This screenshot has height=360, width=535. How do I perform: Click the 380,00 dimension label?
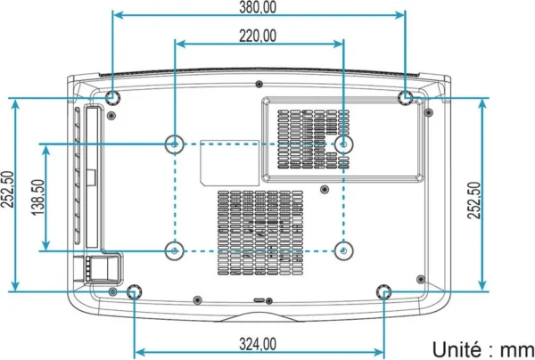coord(258,7)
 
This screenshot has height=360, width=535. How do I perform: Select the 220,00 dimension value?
coord(258,36)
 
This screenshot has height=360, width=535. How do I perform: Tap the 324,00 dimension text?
coord(258,344)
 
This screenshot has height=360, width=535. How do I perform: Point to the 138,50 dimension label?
coord(38,198)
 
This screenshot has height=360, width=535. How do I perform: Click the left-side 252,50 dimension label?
coord(7,189)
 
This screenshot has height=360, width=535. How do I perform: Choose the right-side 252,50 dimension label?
coord(474,200)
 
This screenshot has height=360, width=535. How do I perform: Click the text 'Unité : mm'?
coord(483,349)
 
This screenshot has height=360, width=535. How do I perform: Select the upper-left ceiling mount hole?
coord(175,144)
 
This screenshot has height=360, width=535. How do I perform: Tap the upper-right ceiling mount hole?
coord(343,144)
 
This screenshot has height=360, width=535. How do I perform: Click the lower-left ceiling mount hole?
coord(175,251)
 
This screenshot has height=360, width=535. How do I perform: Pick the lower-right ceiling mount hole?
coord(343,251)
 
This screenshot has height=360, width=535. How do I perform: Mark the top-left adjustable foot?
coord(112,98)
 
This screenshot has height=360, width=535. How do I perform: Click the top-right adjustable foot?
coord(406,98)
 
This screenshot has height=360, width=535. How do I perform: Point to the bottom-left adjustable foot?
coord(134,291)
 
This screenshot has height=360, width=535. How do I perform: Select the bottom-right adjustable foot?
coord(383,291)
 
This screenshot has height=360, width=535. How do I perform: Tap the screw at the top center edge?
coord(259,84)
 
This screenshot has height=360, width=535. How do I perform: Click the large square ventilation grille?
coord(260,233)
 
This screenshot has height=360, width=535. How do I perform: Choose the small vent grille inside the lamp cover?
coord(314,139)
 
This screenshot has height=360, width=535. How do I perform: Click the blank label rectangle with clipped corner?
coord(230,163)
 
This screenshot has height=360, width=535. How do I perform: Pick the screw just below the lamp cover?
coord(325,189)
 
